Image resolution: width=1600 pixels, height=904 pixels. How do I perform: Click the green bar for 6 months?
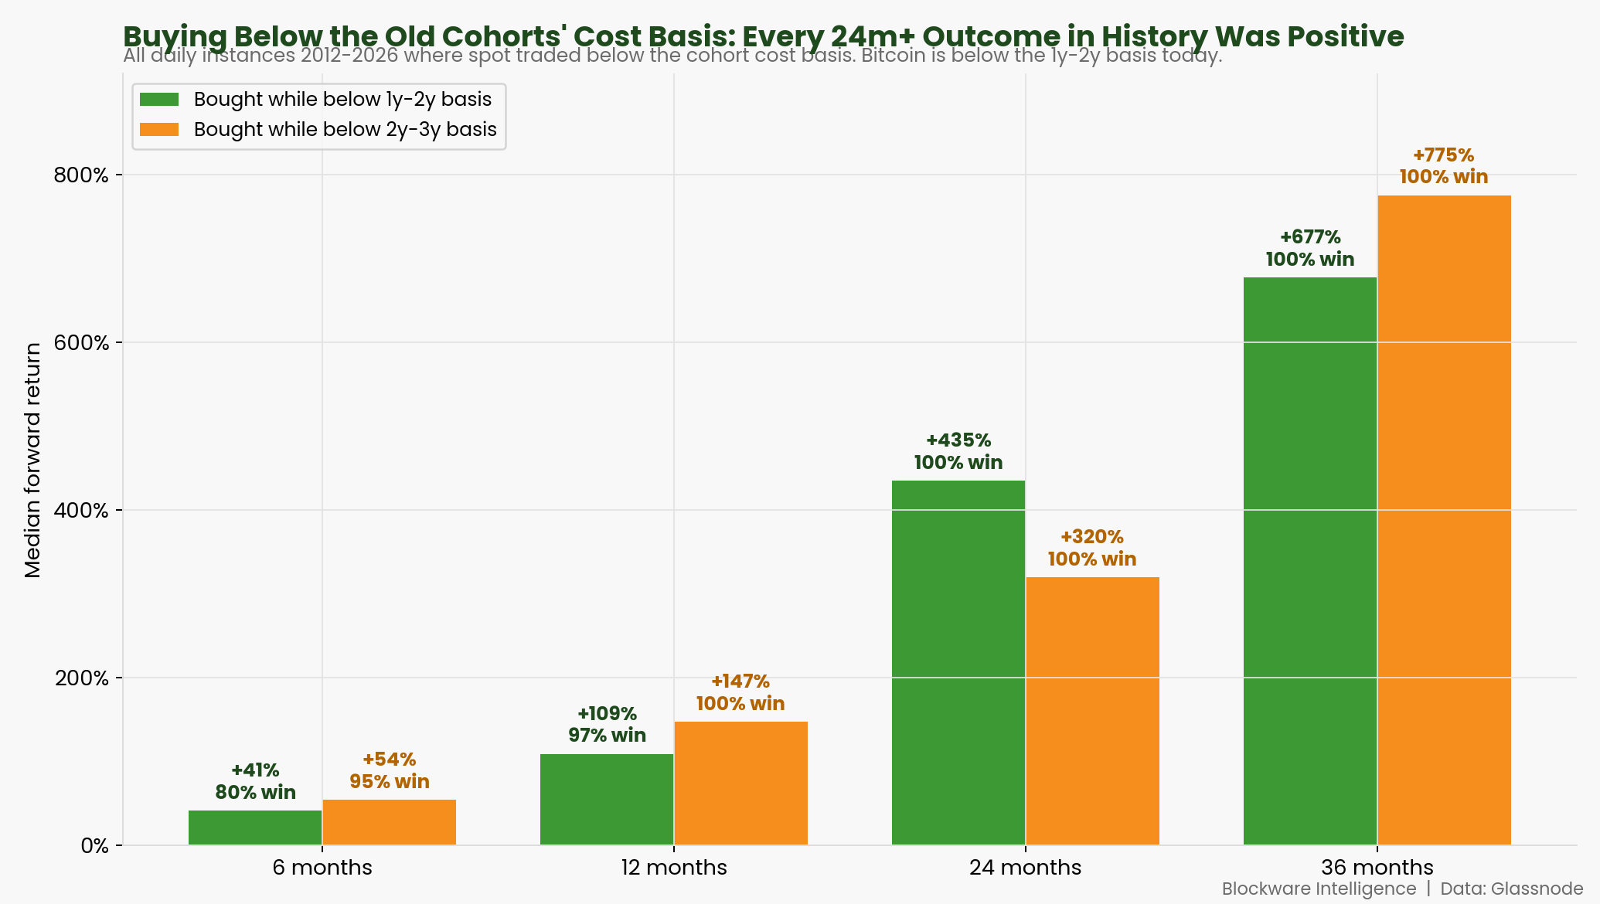point(255,828)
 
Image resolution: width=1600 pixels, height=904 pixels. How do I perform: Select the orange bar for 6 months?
point(389,822)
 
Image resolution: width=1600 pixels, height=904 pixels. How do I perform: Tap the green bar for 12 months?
point(607,800)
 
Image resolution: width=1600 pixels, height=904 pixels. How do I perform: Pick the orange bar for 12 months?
point(740,783)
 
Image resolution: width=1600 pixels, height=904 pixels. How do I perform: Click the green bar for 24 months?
point(958,663)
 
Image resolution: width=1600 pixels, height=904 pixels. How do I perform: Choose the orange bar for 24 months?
point(1092,711)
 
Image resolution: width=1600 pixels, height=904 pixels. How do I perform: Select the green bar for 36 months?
point(1310,561)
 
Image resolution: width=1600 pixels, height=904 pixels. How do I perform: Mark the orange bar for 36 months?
point(1444,520)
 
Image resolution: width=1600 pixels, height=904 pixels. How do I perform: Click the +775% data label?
point(1443,155)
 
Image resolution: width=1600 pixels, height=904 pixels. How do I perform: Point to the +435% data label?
point(958,440)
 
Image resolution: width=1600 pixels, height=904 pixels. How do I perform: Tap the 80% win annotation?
point(255,792)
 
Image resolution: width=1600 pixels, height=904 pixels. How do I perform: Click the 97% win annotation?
point(607,735)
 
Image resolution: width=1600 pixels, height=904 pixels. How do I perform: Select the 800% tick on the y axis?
point(81,175)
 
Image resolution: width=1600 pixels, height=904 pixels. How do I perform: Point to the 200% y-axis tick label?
point(81,678)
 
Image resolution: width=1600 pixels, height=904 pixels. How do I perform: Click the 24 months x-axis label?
point(1026,868)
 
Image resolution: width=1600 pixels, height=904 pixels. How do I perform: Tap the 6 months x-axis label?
point(322,868)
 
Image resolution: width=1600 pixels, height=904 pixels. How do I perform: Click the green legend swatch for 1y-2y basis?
point(159,100)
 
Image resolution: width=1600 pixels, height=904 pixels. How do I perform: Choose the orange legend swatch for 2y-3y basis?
point(159,129)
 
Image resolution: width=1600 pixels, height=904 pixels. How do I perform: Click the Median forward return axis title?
point(32,460)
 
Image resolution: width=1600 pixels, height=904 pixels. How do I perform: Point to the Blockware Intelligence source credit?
point(1319,889)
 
